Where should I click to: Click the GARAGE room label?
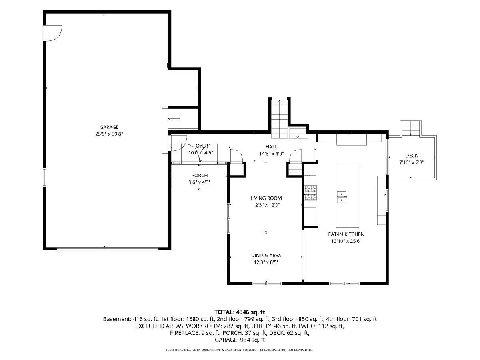click(x=109, y=127)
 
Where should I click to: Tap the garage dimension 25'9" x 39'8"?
click(x=109, y=134)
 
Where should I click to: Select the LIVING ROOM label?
click(x=266, y=198)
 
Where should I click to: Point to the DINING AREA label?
click(x=266, y=255)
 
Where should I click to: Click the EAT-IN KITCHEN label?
click(x=346, y=234)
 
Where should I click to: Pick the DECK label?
click(x=412, y=156)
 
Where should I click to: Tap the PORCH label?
click(x=200, y=175)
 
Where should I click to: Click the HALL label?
click(x=271, y=147)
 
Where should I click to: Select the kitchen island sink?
click(x=341, y=197)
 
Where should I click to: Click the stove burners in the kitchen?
click(x=311, y=193)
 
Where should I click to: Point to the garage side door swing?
click(x=53, y=33)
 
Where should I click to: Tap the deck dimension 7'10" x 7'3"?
click(x=412, y=162)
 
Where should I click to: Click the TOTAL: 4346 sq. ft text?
click(x=240, y=312)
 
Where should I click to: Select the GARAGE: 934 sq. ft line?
click(x=240, y=340)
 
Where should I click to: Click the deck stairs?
click(x=411, y=128)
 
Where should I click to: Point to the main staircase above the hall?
click(x=279, y=119)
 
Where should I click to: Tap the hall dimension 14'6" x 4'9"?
click(x=271, y=154)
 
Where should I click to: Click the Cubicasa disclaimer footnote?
click(x=240, y=350)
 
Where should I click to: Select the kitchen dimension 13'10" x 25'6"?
click(x=346, y=241)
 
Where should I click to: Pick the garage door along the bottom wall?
click(x=107, y=248)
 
